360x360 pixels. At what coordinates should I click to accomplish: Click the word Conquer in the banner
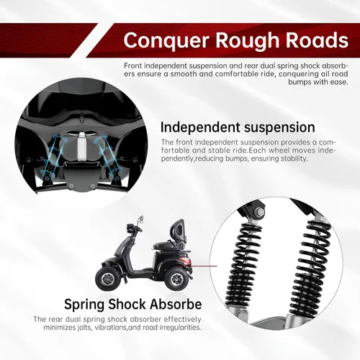tap(166, 40)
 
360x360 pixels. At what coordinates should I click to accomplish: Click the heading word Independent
tap(200, 127)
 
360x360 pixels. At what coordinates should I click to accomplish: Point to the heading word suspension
tap(279, 128)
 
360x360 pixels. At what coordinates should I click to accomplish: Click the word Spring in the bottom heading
tap(84, 305)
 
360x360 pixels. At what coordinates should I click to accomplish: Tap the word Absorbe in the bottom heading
tap(176, 304)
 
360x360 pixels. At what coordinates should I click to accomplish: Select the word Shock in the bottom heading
tap(127, 304)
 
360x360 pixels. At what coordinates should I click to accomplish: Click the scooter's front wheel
tap(107, 279)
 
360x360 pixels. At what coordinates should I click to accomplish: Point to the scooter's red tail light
tap(186, 260)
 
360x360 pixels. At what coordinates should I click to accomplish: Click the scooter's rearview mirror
tap(141, 219)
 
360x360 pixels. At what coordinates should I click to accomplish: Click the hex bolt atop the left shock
tap(260, 212)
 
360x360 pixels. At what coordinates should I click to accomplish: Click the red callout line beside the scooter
tap(204, 266)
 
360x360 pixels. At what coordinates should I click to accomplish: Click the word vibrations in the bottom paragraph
tap(111, 328)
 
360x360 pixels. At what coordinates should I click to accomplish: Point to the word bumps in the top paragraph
tap(299, 82)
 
